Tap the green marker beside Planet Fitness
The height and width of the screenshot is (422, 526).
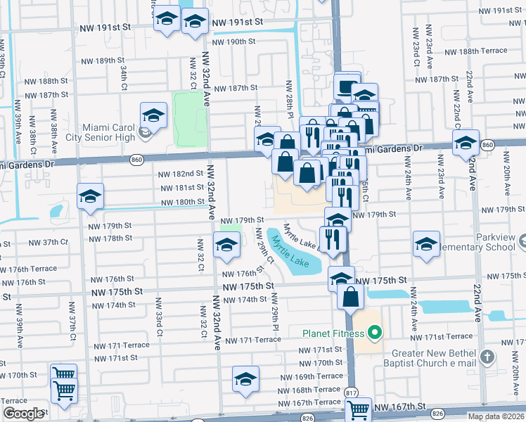(376, 333)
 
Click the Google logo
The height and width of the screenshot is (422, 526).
(23, 413)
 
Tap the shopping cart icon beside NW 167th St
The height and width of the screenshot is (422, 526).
(359, 408)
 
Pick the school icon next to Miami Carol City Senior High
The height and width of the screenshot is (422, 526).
(153, 114)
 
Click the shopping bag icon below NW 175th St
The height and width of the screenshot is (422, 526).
(350, 296)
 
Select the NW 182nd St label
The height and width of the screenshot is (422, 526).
(181, 173)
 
